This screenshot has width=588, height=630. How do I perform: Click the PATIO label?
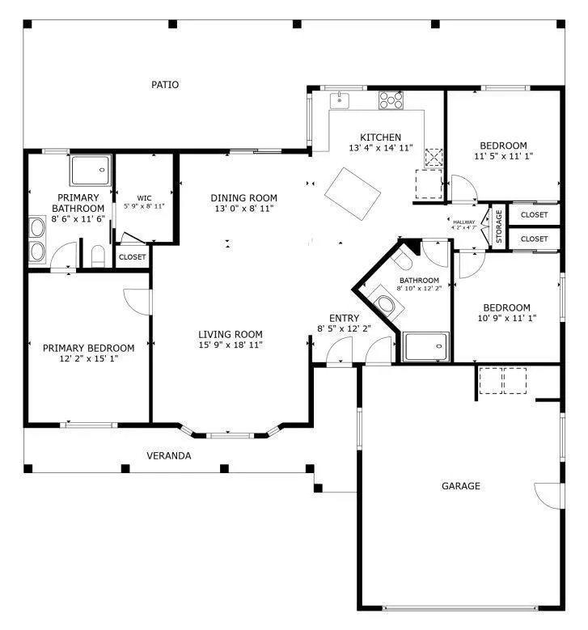pyautogui.click(x=165, y=85)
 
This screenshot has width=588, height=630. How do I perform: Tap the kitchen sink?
pyautogui.click(x=340, y=100)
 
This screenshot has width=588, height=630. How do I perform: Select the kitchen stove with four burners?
pyautogui.click(x=391, y=100)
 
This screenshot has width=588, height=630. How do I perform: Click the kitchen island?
pyautogui.click(x=353, y=193)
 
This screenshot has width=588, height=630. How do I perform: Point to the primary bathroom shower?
pyautogui.click(x=91, y=171)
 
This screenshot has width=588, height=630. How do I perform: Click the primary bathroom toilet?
pyautogui.click(x=98, y=256)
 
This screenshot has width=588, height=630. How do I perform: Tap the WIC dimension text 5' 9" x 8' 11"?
pyautogui.click(x=144, y=206)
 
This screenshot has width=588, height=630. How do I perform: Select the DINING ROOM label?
pyautogui.click(x=244, y=198)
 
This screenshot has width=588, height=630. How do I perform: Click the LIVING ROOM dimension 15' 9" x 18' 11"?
pyautogui.click(x=231, y=345)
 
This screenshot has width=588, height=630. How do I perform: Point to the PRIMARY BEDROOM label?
pyautogui.click(x=88, y=348)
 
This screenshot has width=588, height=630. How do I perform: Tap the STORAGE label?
pyautogui.click(x=499, y=226)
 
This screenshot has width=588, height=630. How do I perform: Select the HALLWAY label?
pyautogui.click(x=463, y=222)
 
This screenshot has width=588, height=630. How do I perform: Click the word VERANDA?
pyautogui.click(x=169, y=455)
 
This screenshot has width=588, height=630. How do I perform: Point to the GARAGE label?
pyautogui.click(x=461, y=486)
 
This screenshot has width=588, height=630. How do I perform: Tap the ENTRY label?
pyautogui.click(x=344, y=318)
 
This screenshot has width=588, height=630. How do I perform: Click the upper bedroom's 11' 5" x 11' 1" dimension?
pyautogui.click(x=504, y=156)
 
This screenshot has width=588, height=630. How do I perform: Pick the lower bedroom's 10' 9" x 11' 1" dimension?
pyautogui.click(x=507, y=318)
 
